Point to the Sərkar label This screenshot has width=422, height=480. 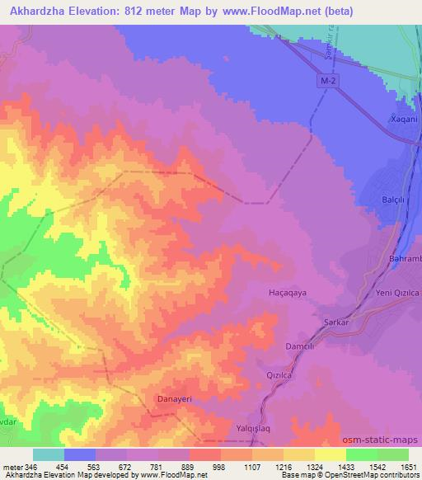click(x=318, y=323)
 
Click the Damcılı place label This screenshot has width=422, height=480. click(x=300, y=347)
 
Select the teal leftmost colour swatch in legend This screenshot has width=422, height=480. click(x=49, y=454)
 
